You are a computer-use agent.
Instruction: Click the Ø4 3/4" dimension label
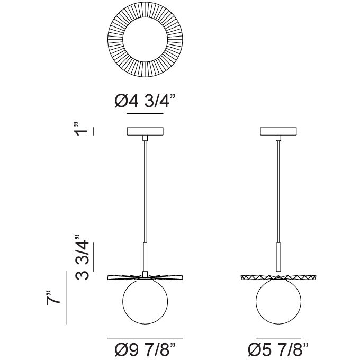click(145, 101)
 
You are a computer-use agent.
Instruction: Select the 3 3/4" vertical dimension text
click(82, 257)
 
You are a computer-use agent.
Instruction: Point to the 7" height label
click(53, 298)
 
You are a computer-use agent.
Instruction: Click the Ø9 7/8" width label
click(145, 349)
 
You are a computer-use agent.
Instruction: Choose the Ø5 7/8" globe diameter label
click(278, 349)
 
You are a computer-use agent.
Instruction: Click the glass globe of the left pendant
click(145, 302)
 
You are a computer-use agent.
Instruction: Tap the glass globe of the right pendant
click(278, 302)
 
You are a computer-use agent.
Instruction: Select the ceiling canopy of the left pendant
click(145, 131)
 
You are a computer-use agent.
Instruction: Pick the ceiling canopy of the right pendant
click(278, 131)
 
